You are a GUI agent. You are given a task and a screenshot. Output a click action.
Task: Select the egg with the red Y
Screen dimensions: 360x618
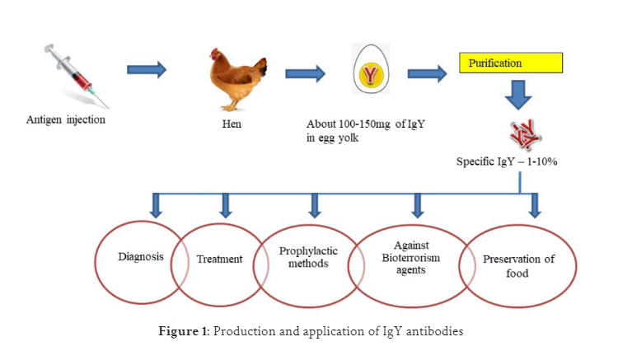(372, 75)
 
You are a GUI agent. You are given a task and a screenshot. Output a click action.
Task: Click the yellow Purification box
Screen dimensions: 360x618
(510, 63)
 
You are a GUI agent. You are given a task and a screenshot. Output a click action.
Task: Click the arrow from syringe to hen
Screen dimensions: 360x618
(147, 69)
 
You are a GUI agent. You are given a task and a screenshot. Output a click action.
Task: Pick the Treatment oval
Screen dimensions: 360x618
(220, 259)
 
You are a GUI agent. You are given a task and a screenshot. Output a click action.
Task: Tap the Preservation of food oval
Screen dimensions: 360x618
(517, 266)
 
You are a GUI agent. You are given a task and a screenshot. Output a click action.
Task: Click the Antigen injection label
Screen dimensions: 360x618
(65, 120)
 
